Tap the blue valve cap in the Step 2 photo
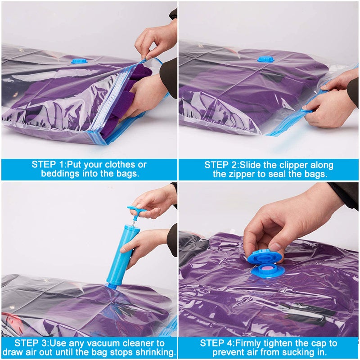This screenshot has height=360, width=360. point(266,58)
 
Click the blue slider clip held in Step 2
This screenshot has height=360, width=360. point(307,109)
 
